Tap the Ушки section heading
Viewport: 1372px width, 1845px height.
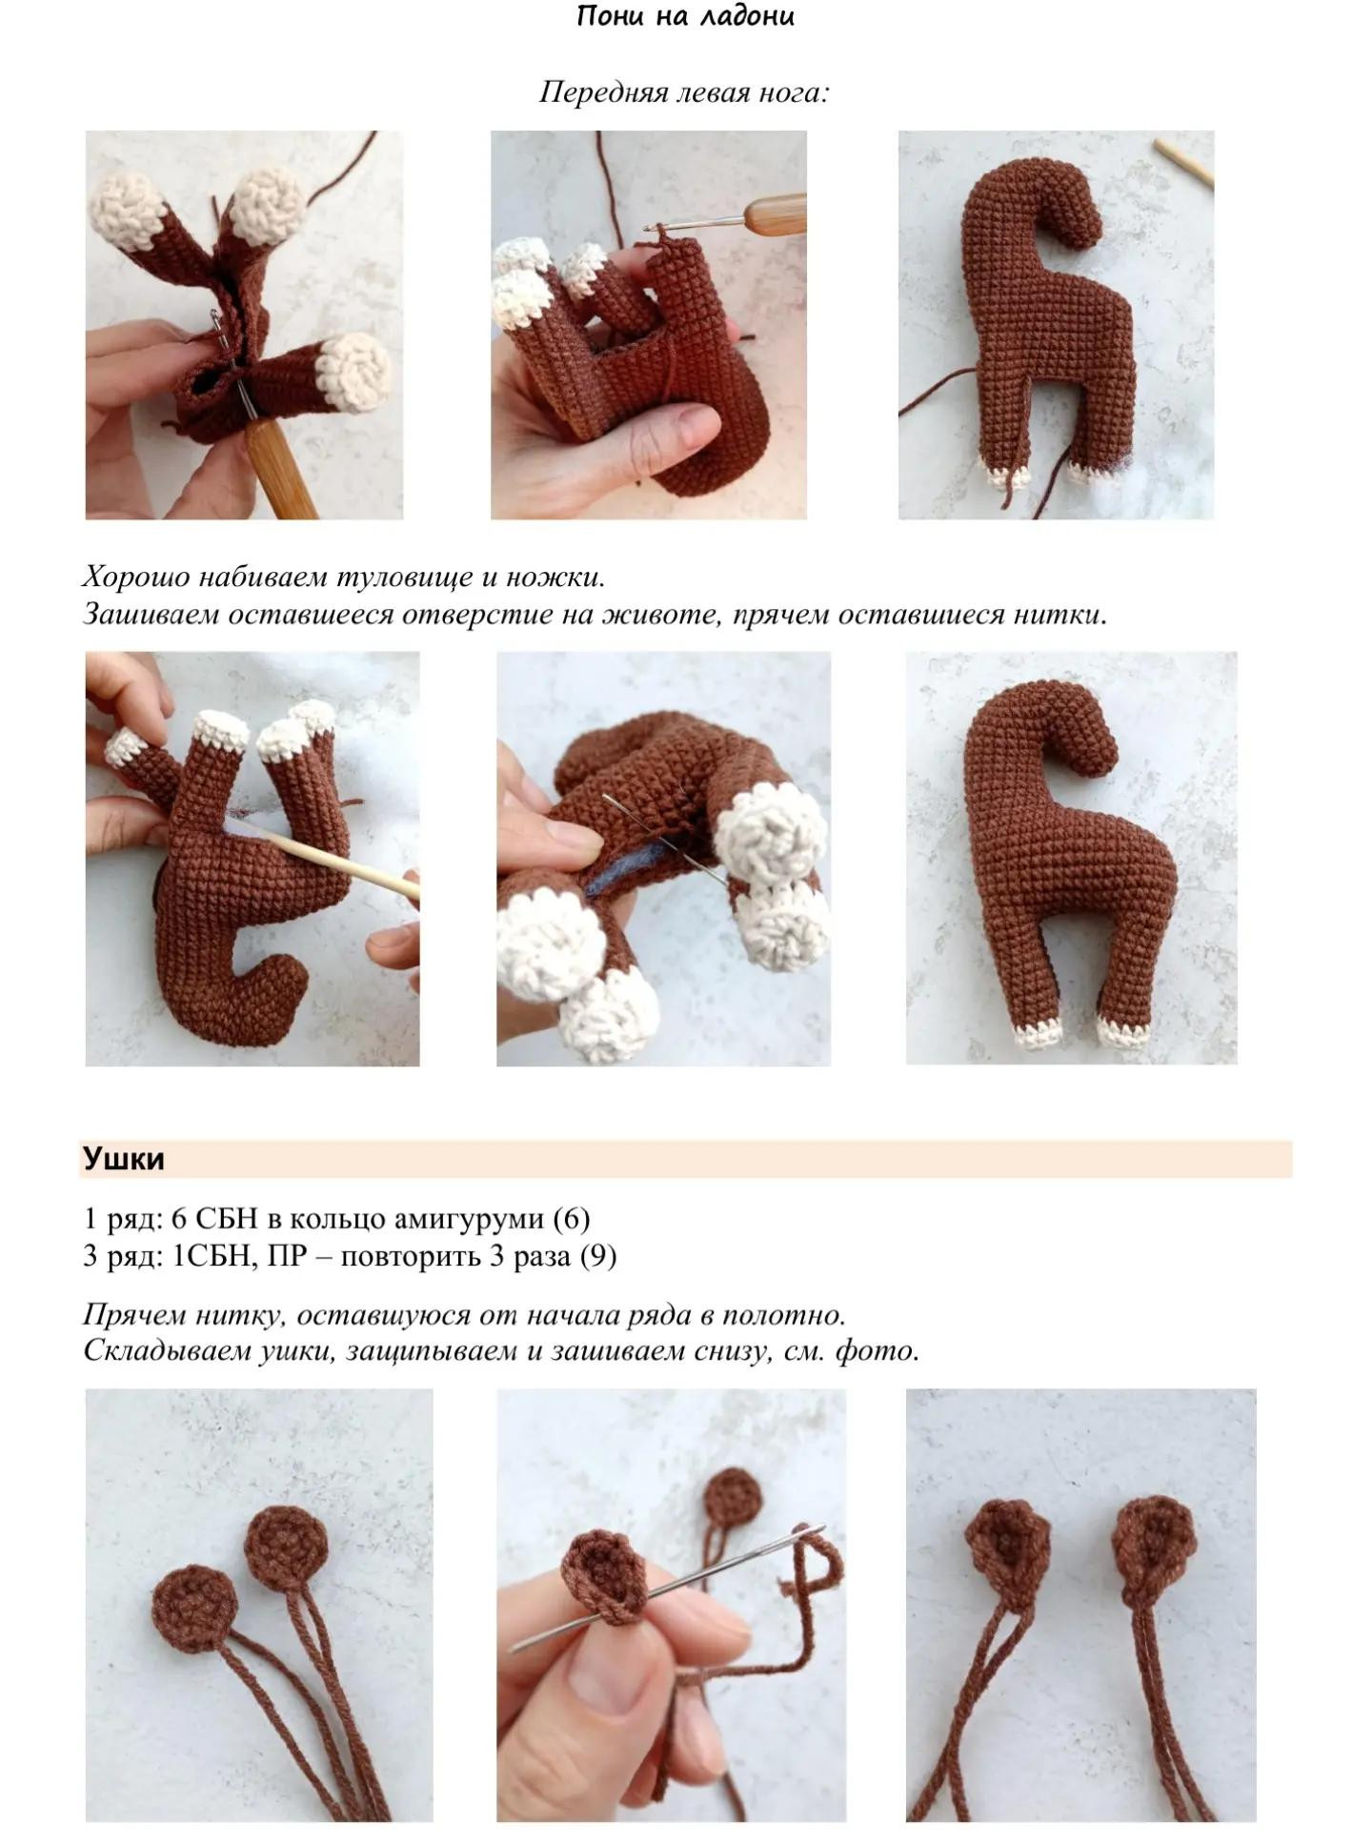tap(124, 1159)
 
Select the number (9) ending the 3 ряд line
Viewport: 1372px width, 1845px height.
tap(598, 1256)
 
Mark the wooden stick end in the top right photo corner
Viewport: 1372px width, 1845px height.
tap(1184, 162)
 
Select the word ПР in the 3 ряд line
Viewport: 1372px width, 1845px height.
tap(287, 1256)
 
